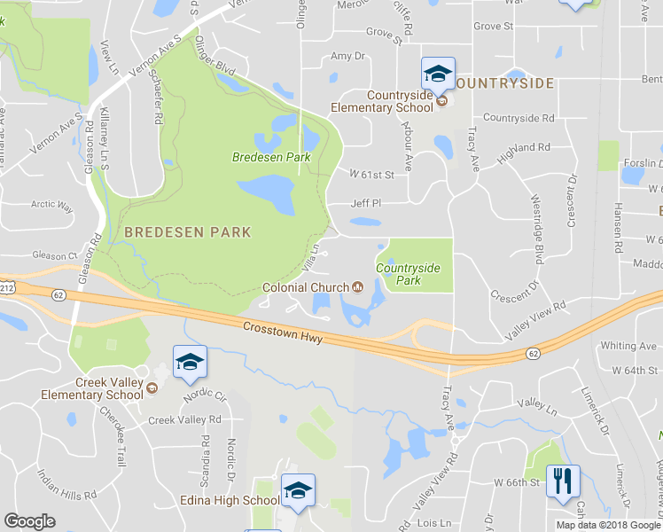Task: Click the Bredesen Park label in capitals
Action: [x=188, y=232]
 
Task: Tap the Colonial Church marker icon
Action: [x=358, y=286]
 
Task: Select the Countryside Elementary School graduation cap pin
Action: [x=438, y=74]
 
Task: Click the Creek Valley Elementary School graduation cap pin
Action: [x=190, y=362]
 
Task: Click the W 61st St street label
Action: [x=371, y=174]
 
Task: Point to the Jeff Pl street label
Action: [x=365, y=203]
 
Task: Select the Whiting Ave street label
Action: [x=628, y=346]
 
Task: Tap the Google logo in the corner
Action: [x=29, y=521]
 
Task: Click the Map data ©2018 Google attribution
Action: [x=608, y=525]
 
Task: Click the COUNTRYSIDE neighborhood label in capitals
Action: [x=504, y=83]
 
